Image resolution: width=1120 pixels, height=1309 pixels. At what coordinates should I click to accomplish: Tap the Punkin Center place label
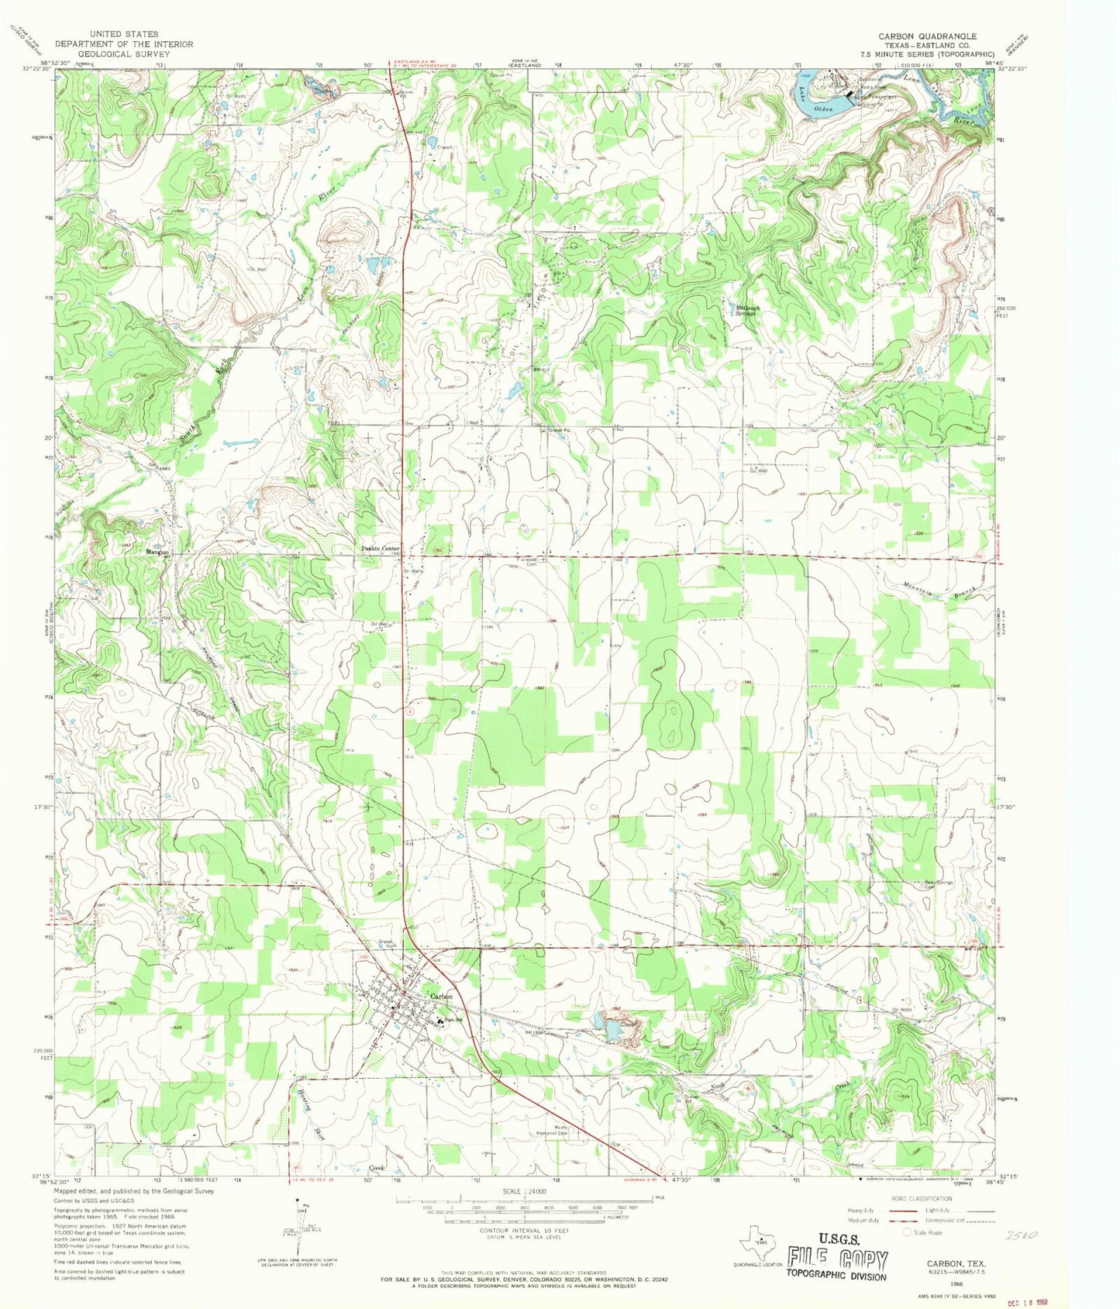380,548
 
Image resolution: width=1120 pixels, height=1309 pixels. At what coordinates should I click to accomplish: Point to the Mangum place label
157,552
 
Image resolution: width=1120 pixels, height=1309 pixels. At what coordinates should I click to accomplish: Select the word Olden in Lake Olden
822,110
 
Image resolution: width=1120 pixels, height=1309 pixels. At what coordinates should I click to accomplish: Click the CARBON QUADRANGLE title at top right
927,36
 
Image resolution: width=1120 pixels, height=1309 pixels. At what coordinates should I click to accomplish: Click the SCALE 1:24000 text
525,1191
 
